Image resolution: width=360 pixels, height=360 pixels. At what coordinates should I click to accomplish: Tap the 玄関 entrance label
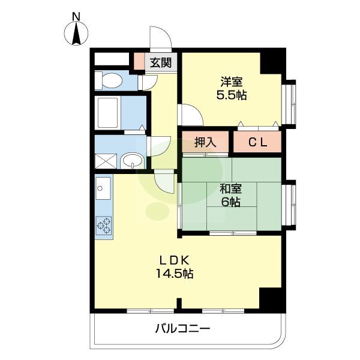tap(160, 62)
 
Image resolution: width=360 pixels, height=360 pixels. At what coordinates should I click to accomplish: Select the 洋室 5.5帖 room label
tap(231, 88)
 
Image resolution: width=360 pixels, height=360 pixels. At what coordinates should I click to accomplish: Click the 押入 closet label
tap(205, 143)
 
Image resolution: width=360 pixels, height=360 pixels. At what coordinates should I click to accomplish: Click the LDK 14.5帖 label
tap(175, 267)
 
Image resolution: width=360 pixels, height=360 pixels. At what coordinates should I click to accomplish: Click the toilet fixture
tap(109, 80)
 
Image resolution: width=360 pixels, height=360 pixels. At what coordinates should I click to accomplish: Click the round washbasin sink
tap(132, 160)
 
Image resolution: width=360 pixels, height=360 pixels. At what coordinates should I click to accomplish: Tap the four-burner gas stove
tap(103, 225)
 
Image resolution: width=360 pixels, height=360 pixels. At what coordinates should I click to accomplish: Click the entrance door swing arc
tap(161, 37)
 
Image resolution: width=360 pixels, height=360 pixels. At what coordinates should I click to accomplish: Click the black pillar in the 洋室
tap(272, 61)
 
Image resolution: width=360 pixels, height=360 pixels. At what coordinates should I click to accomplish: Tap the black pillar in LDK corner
tap(272, 298)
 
